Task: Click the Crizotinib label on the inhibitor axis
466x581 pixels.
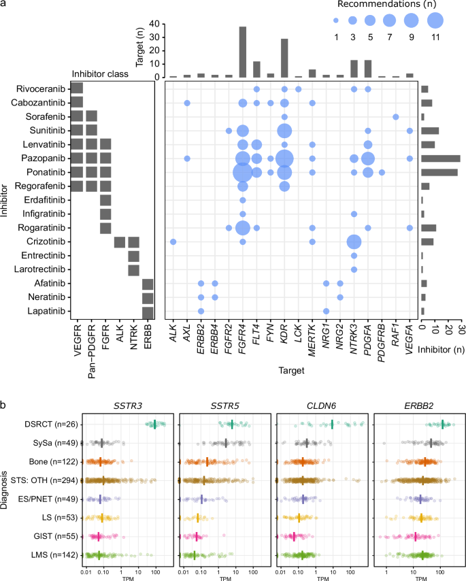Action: click(46, 242)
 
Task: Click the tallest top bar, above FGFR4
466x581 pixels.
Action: click(243, 52)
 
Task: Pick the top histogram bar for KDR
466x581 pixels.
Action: click(284, 58)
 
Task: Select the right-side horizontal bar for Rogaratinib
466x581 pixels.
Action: click(429, 228)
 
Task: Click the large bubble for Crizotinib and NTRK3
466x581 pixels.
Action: click(354, 242)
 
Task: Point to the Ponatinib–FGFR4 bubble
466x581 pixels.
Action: click(243, 172)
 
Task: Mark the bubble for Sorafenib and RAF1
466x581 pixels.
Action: click(396, 117)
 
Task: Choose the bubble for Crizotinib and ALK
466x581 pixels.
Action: click(173, 242)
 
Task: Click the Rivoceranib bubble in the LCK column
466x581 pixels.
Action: click(299, 89)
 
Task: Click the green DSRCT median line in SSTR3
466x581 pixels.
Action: click(155, 425)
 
